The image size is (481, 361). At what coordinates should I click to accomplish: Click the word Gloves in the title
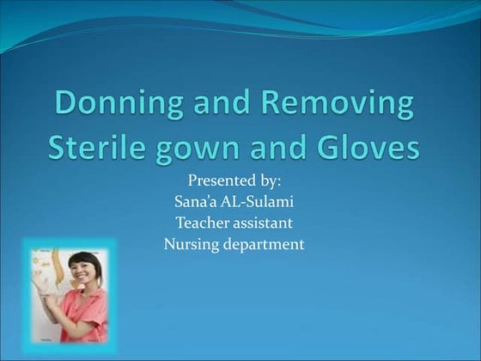tap(371, 148)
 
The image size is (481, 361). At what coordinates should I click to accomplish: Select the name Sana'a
tap(195, 202)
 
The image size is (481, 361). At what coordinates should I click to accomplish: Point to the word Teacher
tap(202, 223)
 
